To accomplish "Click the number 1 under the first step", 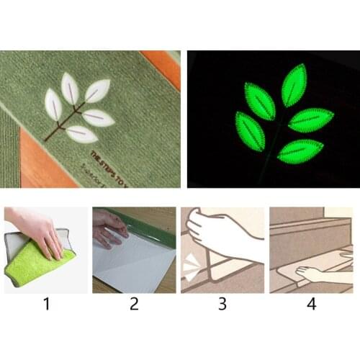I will (47, 304).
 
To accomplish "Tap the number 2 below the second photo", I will (134, 304).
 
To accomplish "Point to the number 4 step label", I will (312, 304).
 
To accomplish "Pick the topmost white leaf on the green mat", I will (70, 88).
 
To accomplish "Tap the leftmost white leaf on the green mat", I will (53, 104).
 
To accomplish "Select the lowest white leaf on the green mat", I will (81, 134).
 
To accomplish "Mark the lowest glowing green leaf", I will (300, 150).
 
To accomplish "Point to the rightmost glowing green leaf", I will (310, 120).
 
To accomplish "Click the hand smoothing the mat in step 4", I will (317, 274).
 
